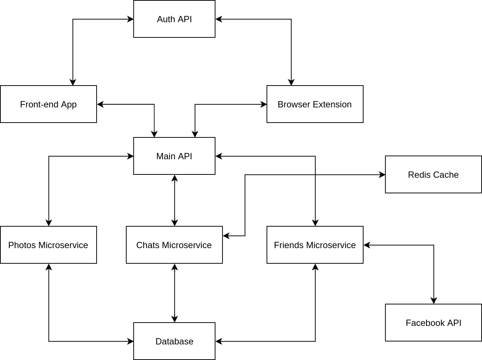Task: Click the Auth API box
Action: click(x=174, y=19)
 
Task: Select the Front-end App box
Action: click(x=48, y=104)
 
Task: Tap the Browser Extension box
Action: click(x=315, y=104)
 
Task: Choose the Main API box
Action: click(x=174, y=156)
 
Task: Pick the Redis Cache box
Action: click(x=434, y=174)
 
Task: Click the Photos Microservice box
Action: click(x=48, y=245)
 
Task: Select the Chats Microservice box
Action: click(x=174, y=245)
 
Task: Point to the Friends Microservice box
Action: click(x=315, y=245)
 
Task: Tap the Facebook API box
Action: click(x=434, y=323)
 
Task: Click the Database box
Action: click(x=174, y=341)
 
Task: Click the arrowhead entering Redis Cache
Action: click(x=382, y=175)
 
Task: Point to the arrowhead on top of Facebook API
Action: click(x=434, y=301)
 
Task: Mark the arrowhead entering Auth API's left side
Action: click(x=130, y=19)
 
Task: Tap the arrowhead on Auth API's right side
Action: click(x=219, y=19)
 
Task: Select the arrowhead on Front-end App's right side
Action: click(x=100, y=104)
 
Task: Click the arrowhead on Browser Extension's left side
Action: click(x=264, y=104)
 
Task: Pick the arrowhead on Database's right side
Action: click(x=219, y=341)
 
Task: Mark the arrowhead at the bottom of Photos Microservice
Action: click(x=49, y=267)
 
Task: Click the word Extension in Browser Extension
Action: click(x=333, y=104)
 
